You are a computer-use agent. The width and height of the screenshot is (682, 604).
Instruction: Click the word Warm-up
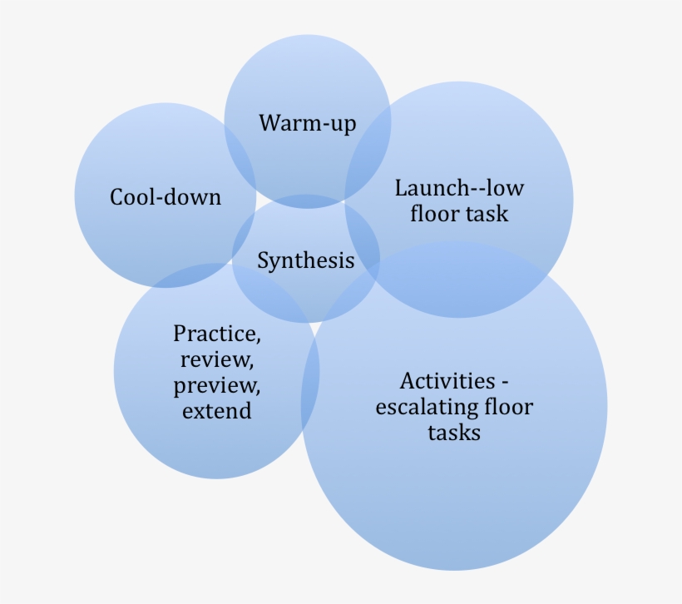click(307, 124)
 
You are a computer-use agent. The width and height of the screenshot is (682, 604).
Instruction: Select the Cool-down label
click(166, 197)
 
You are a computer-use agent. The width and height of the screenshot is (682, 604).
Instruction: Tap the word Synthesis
click(305, 260)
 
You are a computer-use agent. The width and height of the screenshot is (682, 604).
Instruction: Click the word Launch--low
click(459, 187)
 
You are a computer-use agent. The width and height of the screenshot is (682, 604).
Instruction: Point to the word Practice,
click(216, 334)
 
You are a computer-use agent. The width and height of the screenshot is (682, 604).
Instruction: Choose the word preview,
click(216, 386)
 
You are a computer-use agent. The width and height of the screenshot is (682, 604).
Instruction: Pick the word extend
click(216, 411)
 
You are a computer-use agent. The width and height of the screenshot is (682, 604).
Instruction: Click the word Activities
click(447, 381)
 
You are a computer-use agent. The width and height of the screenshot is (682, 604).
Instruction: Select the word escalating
click(425, 408)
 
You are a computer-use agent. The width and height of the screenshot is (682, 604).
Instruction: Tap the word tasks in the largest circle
click(454, 433)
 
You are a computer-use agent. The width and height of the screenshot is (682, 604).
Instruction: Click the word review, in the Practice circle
click(216, 360)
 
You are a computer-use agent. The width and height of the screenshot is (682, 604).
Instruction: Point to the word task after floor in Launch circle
click(487, 214)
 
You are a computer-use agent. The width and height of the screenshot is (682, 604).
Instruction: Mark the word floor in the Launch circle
click(434, 214)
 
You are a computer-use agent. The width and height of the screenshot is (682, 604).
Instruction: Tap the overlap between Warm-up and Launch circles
click(369, 141)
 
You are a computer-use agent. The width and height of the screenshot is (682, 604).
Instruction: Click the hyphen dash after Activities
click(504, 383)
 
